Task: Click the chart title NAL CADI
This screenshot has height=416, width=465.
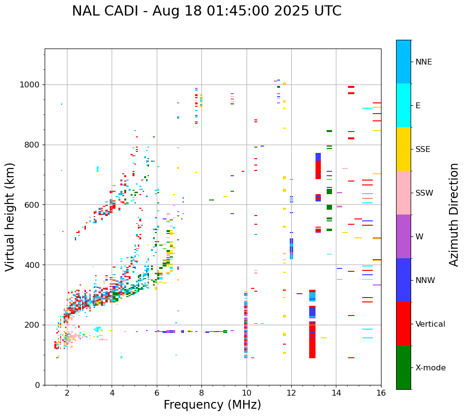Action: tap(206, 11)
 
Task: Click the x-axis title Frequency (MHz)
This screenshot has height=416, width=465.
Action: tap(212, 405)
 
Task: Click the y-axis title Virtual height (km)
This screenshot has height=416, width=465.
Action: tap(10, 216)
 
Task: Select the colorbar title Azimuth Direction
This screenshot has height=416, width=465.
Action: tap(454, 215)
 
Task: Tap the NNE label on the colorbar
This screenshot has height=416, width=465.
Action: tap(423, 62)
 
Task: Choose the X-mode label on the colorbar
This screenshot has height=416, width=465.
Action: tap(430, 368)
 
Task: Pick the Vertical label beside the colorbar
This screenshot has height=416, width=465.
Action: tap(430, 324)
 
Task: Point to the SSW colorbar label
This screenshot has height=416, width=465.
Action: tap(424, 193)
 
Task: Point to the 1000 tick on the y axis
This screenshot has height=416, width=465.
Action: tap(32, 85)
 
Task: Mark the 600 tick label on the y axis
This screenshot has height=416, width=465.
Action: tap(33, 205)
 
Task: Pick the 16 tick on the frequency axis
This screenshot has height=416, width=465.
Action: tap(381, 393)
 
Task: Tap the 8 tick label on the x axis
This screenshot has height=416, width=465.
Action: tap(201, 393)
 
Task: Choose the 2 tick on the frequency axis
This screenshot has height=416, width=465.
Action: tap(67, 393)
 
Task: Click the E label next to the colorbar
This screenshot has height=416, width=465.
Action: tap(418, 106)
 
